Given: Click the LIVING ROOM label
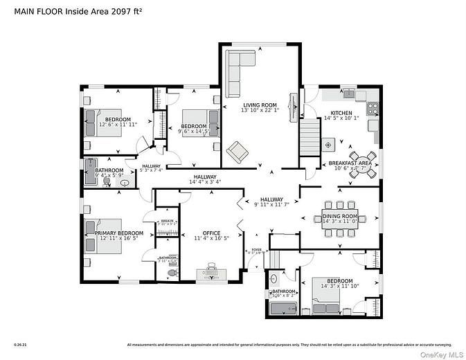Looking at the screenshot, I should point(260,105).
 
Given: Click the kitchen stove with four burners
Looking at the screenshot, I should point(373,108).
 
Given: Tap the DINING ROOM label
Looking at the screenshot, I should point(339,217).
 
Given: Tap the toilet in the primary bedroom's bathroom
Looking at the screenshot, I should point(170,271).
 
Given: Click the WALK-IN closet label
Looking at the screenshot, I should point(167,221).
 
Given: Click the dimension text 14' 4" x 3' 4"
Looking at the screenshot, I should point(205,182).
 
